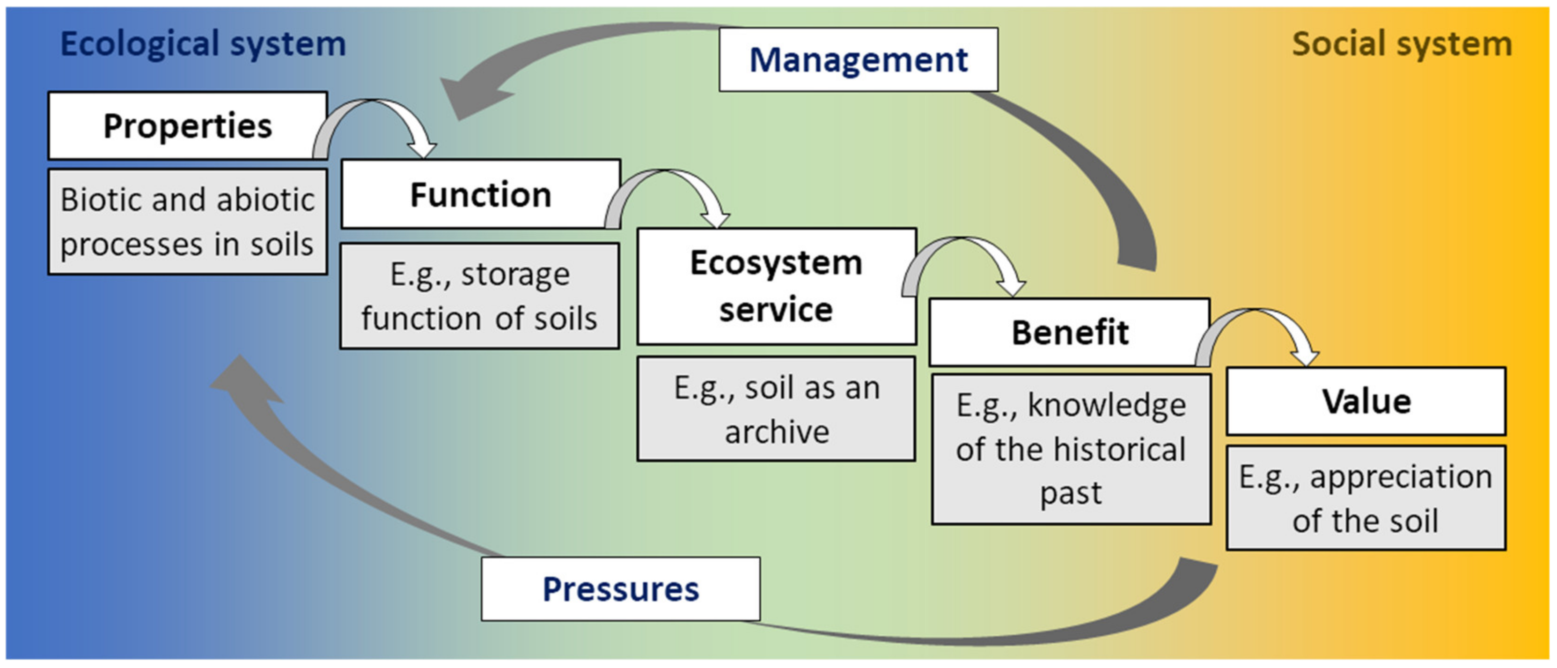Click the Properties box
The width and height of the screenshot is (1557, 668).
click(187, 126)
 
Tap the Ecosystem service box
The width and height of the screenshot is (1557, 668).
click(776, 286)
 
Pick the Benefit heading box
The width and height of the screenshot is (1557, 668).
click(1069, 332)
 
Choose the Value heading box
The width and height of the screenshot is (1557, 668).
click(1366, 401)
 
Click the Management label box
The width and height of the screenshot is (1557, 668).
click(858, 60)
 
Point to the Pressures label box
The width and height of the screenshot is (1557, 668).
click(621, 589)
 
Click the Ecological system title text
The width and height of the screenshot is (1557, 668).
click(203, 44)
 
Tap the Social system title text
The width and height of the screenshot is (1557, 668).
click(1402, 44)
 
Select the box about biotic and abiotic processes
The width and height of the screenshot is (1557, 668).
click(187, 222)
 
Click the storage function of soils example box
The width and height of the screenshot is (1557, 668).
click(479, 296)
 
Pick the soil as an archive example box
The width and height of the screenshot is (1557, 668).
click(776, 409)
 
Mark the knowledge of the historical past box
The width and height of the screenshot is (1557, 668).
click(1071, 449)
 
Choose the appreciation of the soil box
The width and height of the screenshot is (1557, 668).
click(1366, 498)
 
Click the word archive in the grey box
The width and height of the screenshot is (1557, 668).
click(777, 431)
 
